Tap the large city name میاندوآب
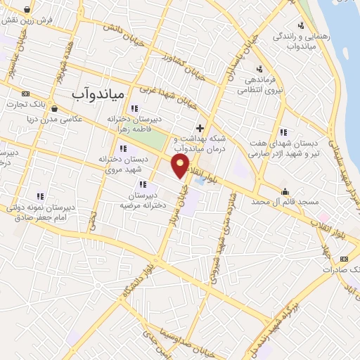click(98, 93)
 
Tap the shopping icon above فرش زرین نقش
click(27, 10)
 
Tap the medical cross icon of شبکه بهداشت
click(200, 129)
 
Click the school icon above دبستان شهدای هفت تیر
click(283, 131)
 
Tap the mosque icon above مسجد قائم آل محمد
click(285, 191)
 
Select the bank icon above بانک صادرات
click(344, 259)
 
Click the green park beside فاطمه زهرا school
click(161, 141)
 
